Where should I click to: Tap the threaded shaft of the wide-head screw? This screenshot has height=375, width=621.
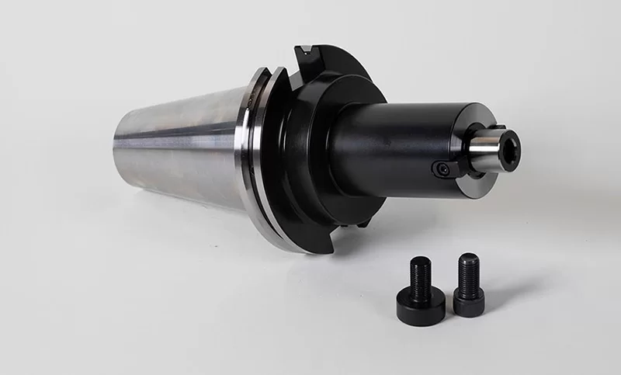[x=420, y=278]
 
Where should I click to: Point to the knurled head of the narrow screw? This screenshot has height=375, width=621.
[x=469, y=303]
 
